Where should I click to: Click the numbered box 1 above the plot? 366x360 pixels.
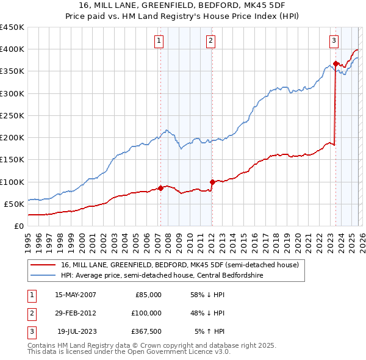click(159, 41)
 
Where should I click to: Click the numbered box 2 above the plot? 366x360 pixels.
click(210, 41)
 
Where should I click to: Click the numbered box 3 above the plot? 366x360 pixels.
click(334, 41)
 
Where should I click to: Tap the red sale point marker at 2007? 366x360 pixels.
click(160, 188)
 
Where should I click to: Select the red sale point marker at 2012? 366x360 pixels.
click(212, 182)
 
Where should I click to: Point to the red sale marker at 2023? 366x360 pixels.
click(335, 63)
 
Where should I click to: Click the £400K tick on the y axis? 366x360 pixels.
click(12, 49)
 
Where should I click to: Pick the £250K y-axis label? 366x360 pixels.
click(12, 115)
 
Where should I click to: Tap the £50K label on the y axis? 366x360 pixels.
click(13, 204)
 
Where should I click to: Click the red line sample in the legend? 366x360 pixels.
click(43, 265)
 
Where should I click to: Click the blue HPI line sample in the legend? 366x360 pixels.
click(43, 275)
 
